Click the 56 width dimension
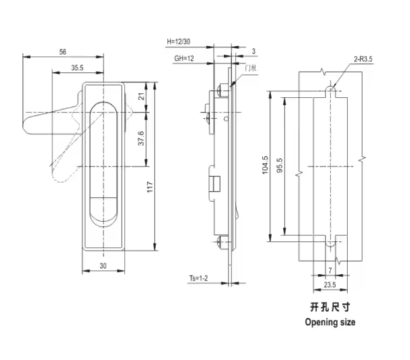pyautogui.click(x=63, y=51)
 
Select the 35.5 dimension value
pyautogui.click(x=77, y=67)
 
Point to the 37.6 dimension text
pyautogui.click(x=139, y=138)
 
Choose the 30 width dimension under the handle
pyautogui.click(x=104, y=266)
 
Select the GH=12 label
pyautogui.click(x=184, y=59)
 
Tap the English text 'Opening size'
pyautogui.click(x=330, y=322)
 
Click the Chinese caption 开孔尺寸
pyautogui.click(x=330, y=307)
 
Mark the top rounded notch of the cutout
pyautogui.click(x=331, y=88)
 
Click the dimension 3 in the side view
pyautogui.click(x=252, y=51)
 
